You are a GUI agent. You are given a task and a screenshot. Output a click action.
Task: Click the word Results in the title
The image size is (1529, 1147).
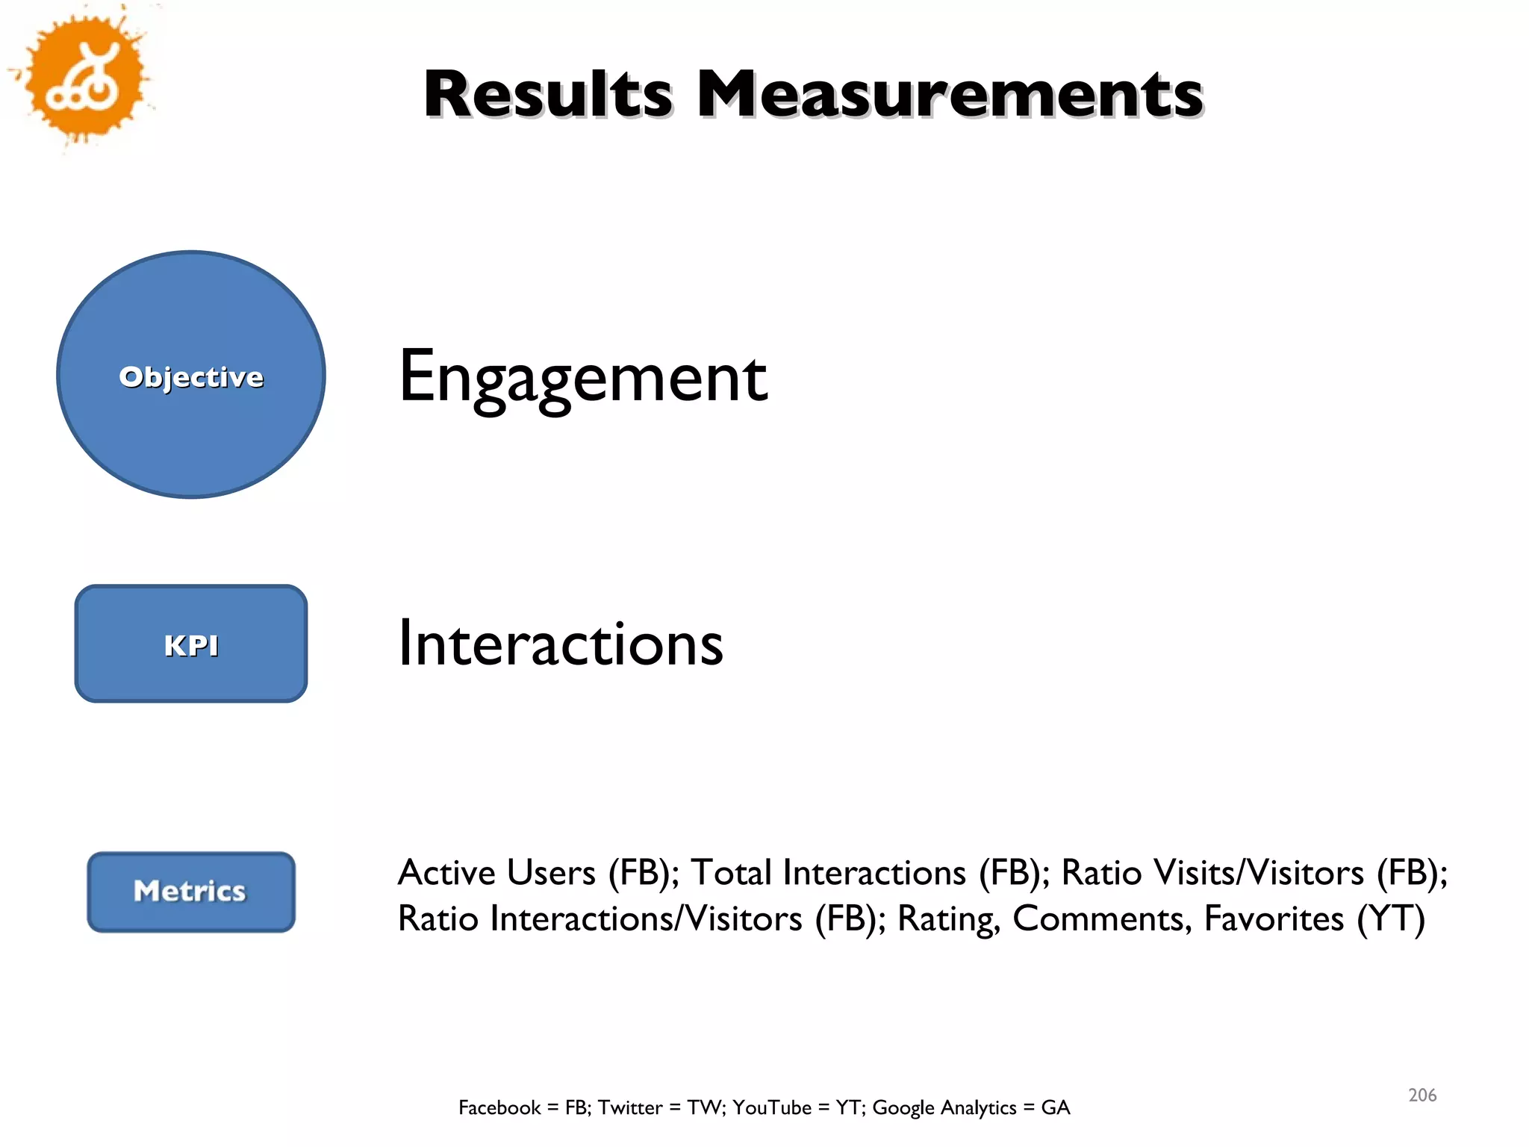(548, 94)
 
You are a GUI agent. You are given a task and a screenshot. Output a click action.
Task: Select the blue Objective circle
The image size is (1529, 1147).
(191, 375)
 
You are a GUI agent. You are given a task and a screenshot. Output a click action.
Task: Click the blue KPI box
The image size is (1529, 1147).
(191, 644)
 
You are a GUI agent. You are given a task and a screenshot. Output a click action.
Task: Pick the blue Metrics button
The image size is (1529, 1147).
(191, 892)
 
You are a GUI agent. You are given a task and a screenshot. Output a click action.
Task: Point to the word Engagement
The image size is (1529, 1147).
(582, 378)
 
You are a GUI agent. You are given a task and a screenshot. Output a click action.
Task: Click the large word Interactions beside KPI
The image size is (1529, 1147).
(560, 644)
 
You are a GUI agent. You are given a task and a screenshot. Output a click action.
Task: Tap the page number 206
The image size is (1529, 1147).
(1422, 1095)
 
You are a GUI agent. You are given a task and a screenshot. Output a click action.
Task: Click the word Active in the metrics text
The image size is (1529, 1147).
(446, 872)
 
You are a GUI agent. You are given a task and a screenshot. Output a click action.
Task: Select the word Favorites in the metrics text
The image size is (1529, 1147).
(1274, 918)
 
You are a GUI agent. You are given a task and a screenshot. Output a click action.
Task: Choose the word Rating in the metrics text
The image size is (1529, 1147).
(948, 918)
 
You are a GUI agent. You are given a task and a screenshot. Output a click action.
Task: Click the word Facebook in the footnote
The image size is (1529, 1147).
(499, 1107)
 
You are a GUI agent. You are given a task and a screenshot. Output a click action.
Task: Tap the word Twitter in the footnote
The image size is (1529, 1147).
(629, 1107)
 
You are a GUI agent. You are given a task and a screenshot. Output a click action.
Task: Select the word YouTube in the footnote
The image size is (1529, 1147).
(771, 1107)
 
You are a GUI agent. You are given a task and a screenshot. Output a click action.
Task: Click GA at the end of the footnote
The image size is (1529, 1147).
(1056, 1107)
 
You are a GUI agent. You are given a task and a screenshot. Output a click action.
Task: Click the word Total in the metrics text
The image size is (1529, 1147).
(731, 872)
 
